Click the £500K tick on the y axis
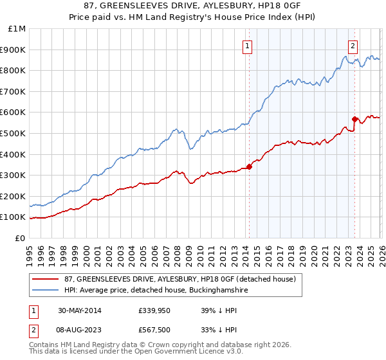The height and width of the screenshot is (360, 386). pyautogui.click(x=13, y=133)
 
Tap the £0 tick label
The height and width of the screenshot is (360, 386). pyautogui.click(x=21, y=238)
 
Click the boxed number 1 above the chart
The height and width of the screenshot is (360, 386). pyautogui.click(x=248, y=45)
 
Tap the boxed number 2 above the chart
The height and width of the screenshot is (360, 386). pyautogui.click(x=353, y=45)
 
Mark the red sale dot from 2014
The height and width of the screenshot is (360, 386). pyautogui.click(x=249, y=166)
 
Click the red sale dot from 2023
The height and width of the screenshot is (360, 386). pyautogui.click(x=354, y=119)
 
